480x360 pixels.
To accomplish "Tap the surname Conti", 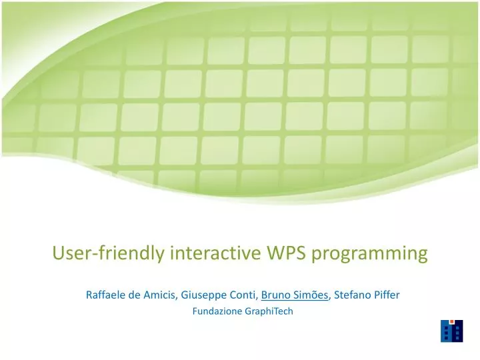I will [x=242, y=295].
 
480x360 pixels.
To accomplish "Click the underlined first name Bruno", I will [x=275, y=295].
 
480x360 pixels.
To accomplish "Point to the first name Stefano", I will [x=353, y=295].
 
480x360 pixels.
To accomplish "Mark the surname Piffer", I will [x=387, y=295].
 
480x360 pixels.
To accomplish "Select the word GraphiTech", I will [x=269, y=311].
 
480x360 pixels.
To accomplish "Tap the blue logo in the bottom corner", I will [x=451, y=331].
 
